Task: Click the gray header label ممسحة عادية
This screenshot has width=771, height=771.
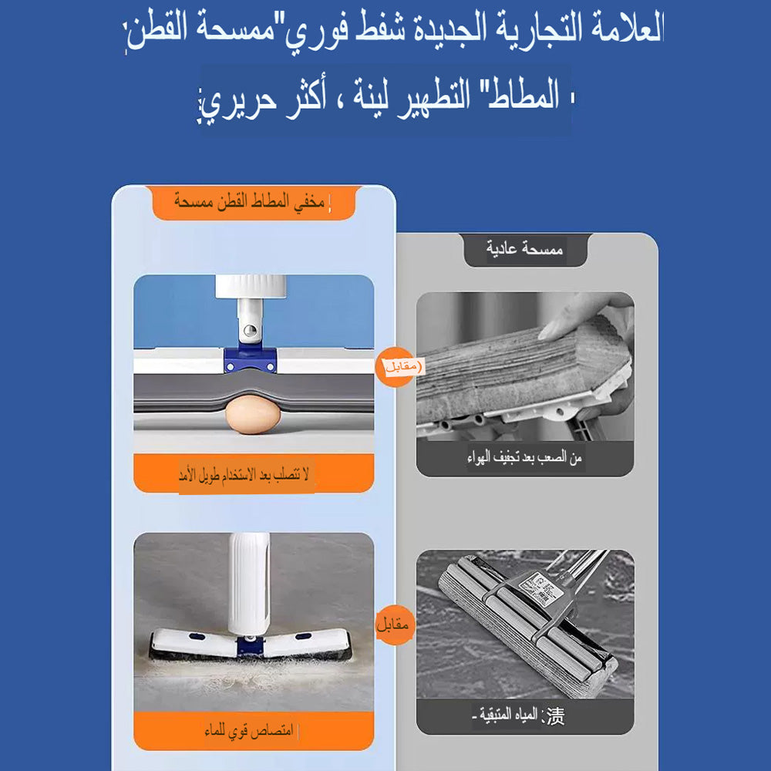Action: point(525,250)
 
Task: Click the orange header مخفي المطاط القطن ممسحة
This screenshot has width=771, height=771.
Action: point(251,203)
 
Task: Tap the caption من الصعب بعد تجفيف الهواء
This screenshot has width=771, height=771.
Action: point(524,458)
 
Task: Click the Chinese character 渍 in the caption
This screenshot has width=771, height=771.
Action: point(554,716)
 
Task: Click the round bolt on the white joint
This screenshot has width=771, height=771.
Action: point(248,331)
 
